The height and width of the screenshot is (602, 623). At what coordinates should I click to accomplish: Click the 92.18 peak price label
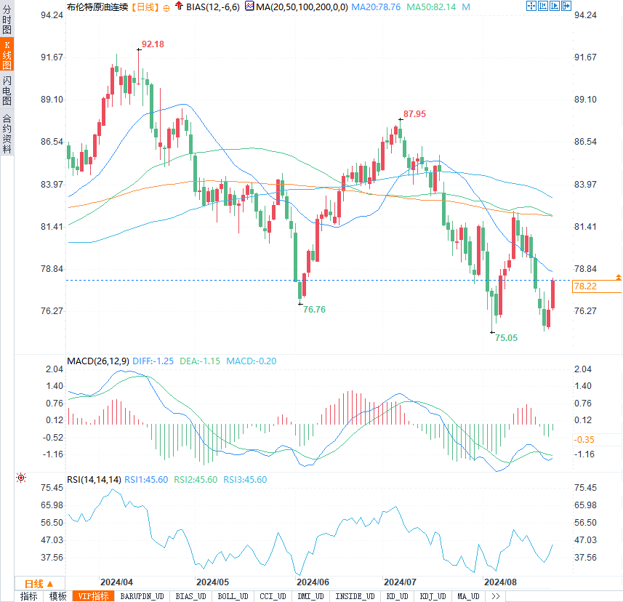point(153,44)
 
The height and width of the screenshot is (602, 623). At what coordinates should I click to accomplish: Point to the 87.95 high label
point(414,114)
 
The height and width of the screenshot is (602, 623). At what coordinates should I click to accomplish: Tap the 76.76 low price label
point(314,310)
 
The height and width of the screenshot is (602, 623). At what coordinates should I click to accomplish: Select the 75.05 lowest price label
point(507,338)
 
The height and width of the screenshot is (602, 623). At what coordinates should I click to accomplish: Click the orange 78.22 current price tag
point(585,286)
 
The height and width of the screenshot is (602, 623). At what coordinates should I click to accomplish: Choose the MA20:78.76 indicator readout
point(376,7)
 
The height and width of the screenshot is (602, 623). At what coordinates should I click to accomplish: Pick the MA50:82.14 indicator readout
point(431,7)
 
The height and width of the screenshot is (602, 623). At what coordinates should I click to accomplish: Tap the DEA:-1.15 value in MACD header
point(200,361)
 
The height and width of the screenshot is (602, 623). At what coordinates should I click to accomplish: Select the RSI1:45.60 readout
point(146,480)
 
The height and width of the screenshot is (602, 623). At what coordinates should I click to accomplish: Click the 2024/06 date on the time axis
point(313,582)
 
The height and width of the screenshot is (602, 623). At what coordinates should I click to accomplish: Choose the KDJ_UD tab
point(433,596)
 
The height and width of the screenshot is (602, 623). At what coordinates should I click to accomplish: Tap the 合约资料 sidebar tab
point(7,132)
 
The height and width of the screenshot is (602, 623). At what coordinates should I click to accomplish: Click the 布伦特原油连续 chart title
point(97,7)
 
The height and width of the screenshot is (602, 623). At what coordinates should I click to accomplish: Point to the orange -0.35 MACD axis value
point(584,440)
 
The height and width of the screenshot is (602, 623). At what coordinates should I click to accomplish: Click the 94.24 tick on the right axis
point(586,15)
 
